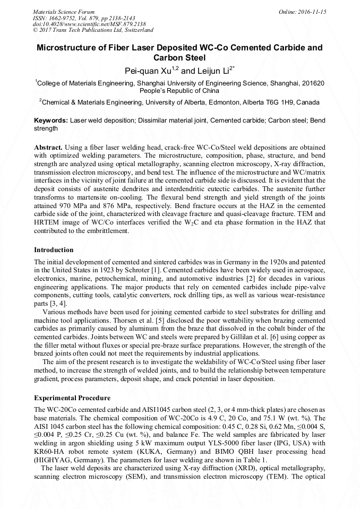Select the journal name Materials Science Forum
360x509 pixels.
click(64, 11)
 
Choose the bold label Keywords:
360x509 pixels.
click(51, 121)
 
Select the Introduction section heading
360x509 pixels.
click(54, 250)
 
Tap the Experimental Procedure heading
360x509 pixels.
click(72, 398)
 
